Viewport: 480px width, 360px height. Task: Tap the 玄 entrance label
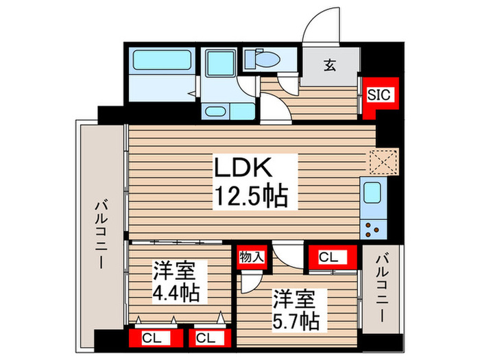coord(331,66)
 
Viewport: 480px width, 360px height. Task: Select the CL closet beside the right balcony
coord(330,257)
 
